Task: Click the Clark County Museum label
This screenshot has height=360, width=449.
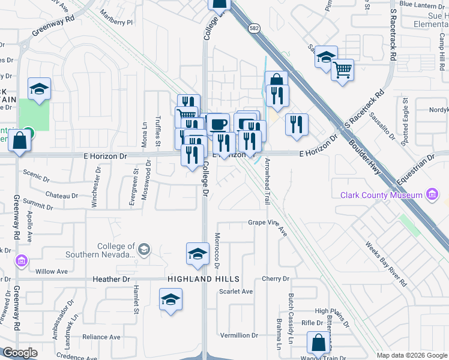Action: [381, 195]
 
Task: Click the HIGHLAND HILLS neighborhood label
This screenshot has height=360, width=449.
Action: [203, 280]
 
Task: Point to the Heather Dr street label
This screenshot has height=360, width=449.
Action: [112, 280]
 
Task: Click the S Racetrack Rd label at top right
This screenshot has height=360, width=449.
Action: [394, 35]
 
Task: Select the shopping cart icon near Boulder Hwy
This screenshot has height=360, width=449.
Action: [342, 69]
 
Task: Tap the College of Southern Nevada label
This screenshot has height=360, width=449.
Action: [117, 250]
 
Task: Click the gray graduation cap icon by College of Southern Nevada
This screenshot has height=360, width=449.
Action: [144, 249]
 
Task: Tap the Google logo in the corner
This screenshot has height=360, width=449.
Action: [20, 353]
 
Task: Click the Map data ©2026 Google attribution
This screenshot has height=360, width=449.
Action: [412, 355]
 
